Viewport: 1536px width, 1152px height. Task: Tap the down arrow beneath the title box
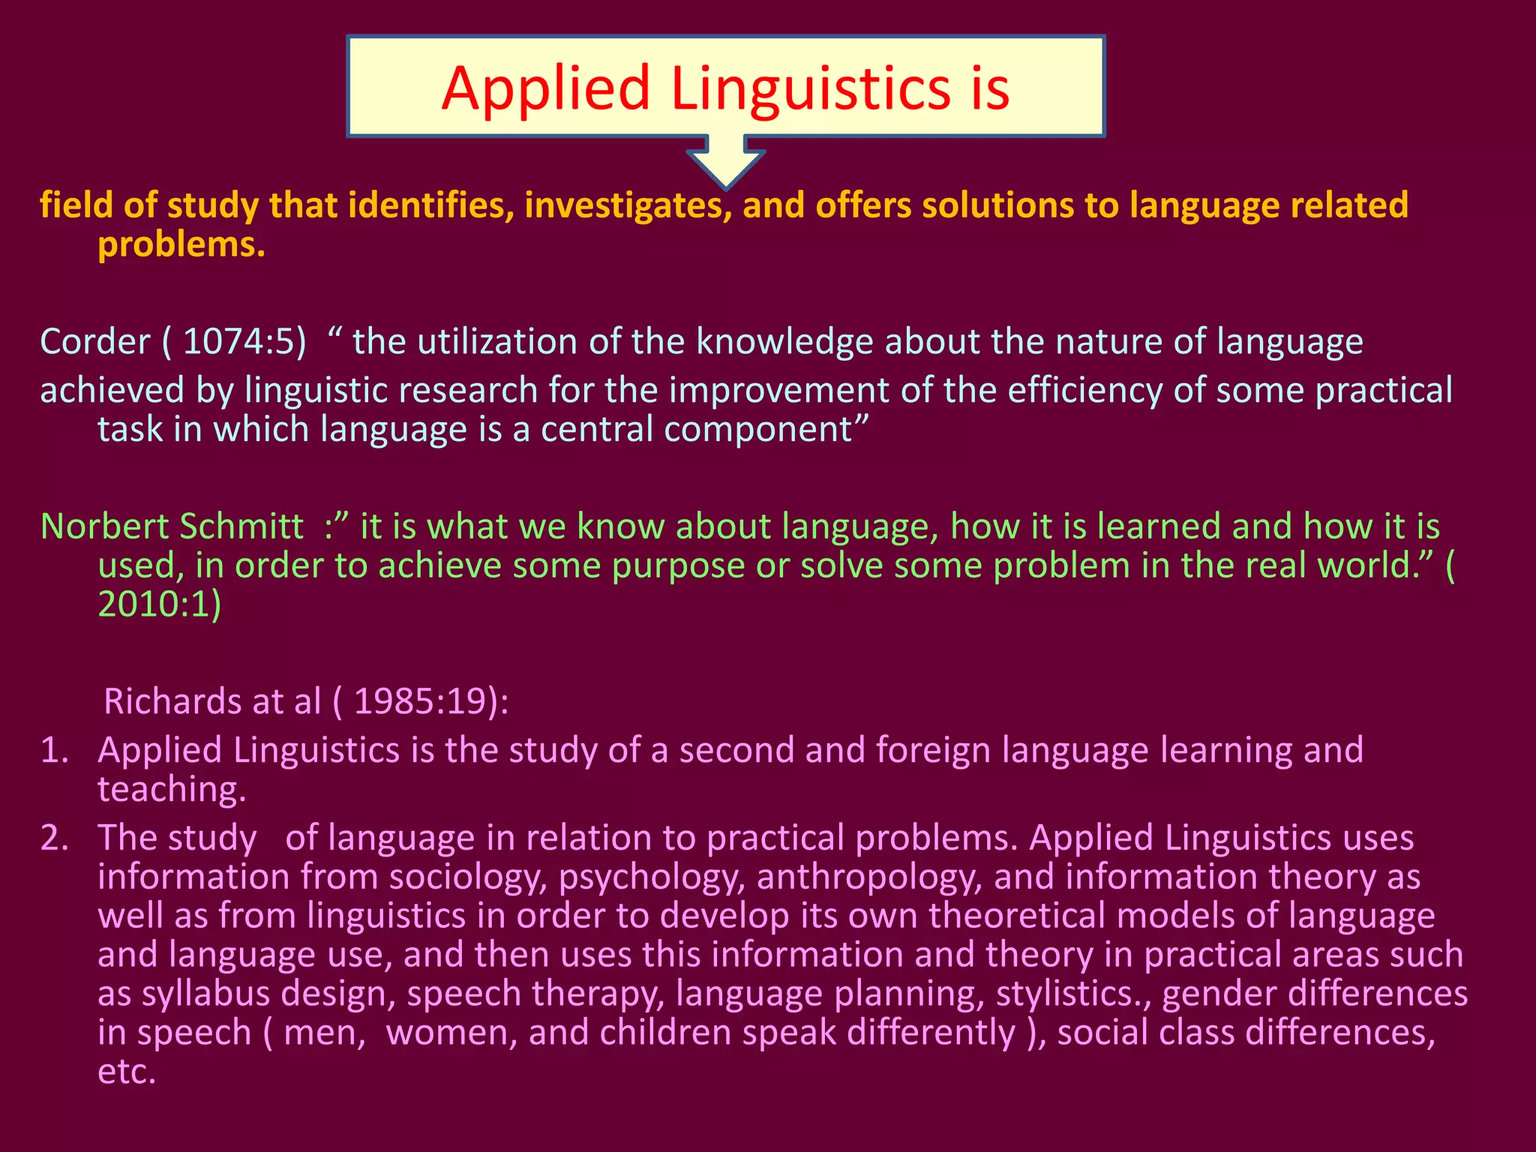tap(725, 161)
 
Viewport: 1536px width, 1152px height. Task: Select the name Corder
tap(95, 342)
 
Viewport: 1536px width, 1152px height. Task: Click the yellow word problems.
tap(181, 244)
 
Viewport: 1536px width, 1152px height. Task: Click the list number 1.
tap(54, 751)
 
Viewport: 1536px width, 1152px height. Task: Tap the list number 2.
tap(54, 838)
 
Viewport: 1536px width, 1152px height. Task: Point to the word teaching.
tap(171, 790)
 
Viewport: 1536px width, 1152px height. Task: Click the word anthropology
tap(868, 877)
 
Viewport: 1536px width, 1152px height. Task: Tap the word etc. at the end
tap(127, 1072)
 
